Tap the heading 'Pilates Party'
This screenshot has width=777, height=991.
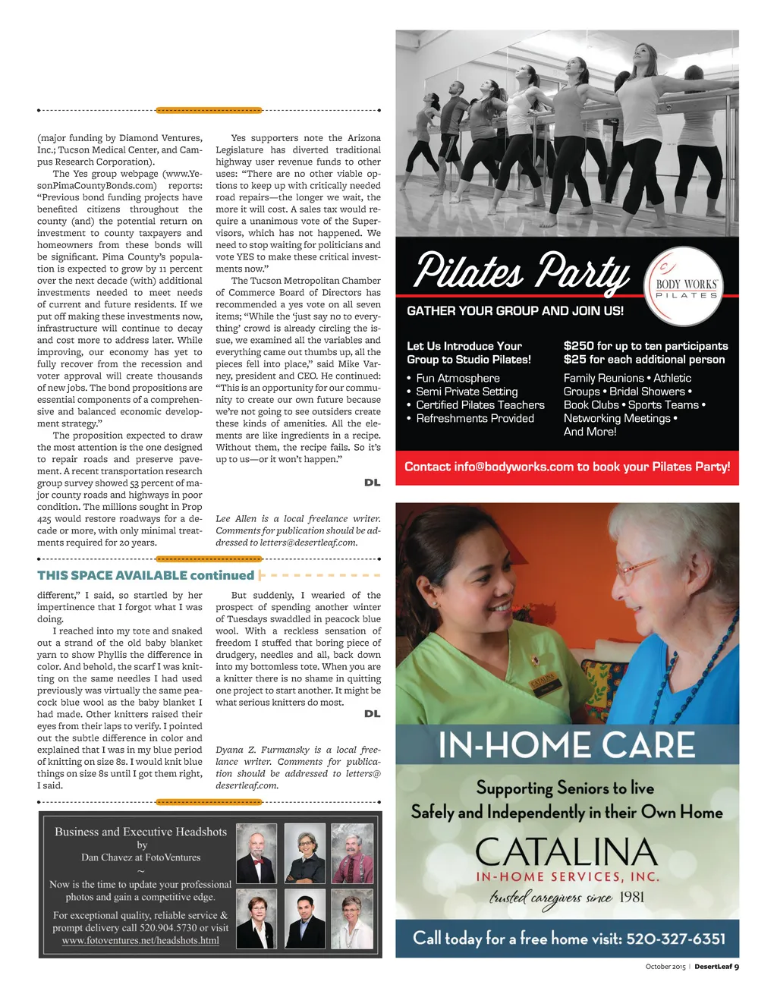point(522,272)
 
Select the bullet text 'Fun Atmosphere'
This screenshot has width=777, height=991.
point(458,378)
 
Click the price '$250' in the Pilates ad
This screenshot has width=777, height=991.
point(579,346)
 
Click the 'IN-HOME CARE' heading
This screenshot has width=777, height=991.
point(567,745)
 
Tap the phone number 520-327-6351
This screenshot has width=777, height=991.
point(675,939)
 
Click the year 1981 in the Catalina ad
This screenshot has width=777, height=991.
point(631,898)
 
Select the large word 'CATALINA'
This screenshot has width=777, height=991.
point(566,852)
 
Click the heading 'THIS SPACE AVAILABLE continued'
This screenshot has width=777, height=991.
point(146,575)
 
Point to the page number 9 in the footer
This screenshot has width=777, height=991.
point(736,967)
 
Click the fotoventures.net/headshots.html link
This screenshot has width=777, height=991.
point(140,941)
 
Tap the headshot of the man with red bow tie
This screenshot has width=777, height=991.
point(256,853)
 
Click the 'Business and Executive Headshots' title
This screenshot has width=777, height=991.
point(140,832)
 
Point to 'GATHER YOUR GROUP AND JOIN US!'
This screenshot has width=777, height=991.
point(515,310)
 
